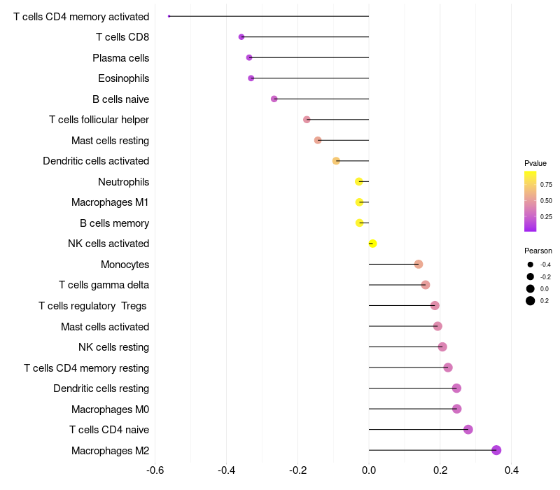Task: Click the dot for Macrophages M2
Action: (x=496, y=450)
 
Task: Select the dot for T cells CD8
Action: (x=241, y=37)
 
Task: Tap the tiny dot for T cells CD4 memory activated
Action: (x=169, y=16)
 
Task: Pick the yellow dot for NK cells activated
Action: (x=372, y=243)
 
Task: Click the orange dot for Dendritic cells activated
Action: (x=336, y=161)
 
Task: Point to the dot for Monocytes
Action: (x=419, y=264)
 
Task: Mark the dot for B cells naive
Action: (x=274, y=99)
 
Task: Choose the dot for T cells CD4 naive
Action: (x=468, y=429)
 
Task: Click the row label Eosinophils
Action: (x=124, y=78)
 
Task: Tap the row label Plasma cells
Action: (x=120, y=58)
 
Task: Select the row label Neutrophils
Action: (x=124, y=182)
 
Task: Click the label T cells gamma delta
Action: (x=104, y=285)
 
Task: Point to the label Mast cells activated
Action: (x=105, y=326)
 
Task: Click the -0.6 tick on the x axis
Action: (x=155, y=470)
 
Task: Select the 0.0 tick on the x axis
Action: (x=369, y=470)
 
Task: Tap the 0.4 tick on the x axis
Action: (x=512, y=470)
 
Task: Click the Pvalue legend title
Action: (x=535, y=163)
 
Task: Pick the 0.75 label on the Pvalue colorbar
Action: (x=546, y=184)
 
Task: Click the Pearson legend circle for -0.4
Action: (x=530, y=265)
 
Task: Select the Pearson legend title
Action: (x=538, y=251)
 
